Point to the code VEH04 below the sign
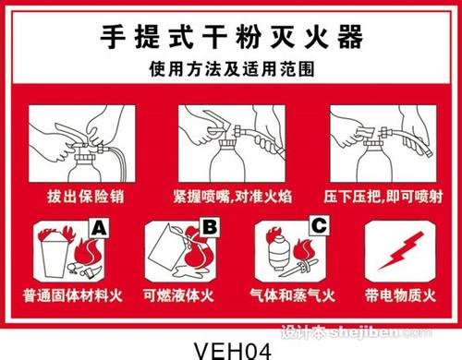(230, 346)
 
